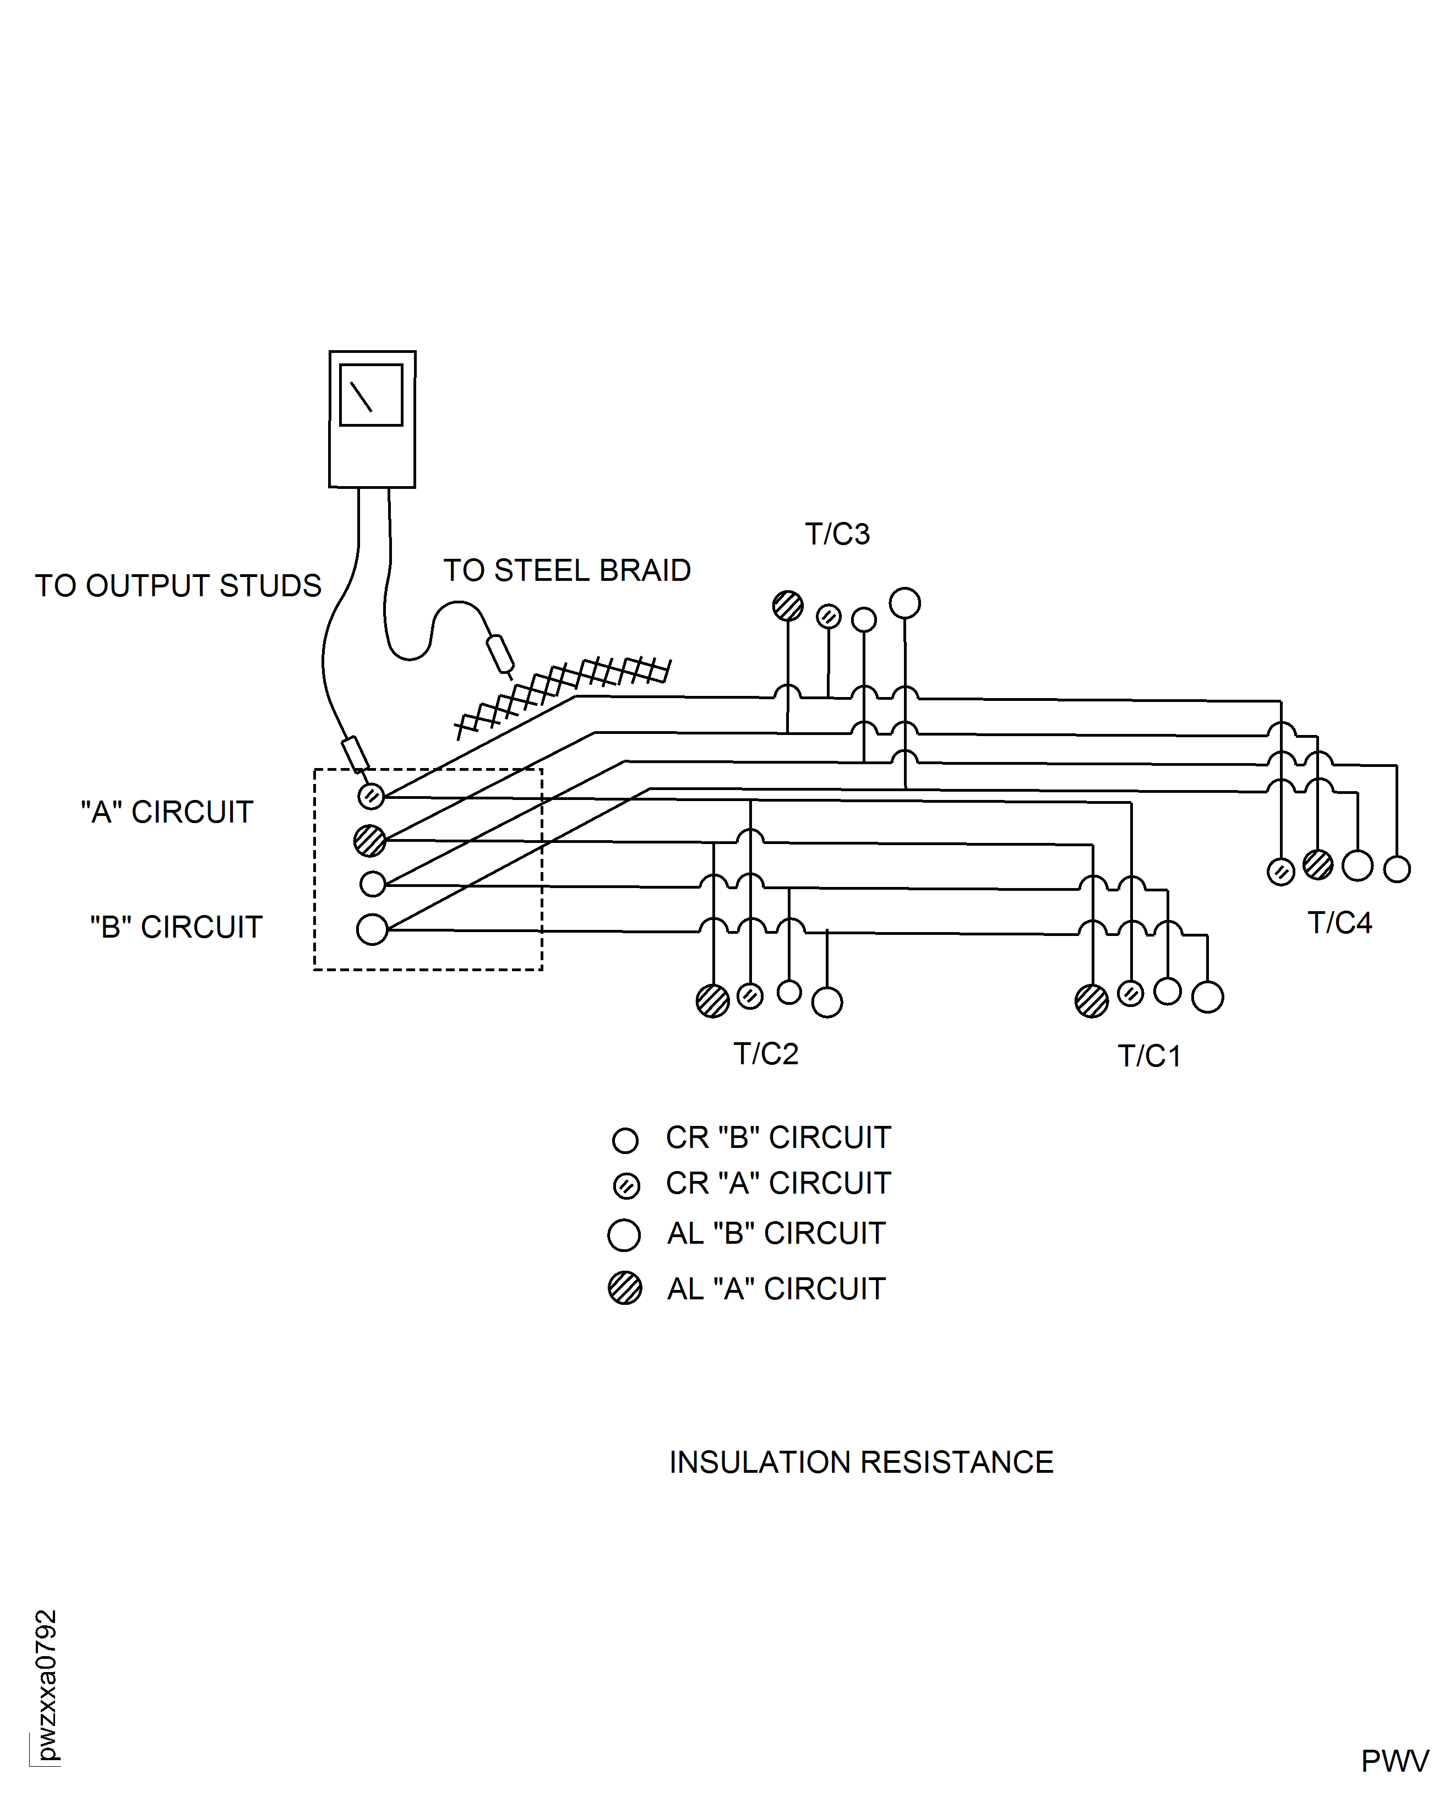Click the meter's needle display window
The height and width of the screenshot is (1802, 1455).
click(x=371, y=395)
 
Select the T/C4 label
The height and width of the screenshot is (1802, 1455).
click(x=1339, y=923)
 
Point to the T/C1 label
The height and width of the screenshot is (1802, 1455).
click(x=1149, y=1056)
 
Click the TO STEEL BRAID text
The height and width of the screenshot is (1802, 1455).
click(x=566, y=571)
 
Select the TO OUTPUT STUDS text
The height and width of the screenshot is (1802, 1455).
click(x=178, y=586)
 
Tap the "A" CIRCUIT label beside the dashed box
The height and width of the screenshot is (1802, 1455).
click(x=167, y=812)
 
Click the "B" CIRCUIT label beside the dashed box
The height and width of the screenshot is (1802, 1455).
click(x=176, y=927)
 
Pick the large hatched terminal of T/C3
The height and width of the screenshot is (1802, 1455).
click(x=787, y=605)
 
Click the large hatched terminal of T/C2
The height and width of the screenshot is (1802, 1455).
click(x=712, y=1001)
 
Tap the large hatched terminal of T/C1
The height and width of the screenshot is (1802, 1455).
click(x=1091, y=1001)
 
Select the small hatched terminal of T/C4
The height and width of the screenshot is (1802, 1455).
click(x=1280, y=872)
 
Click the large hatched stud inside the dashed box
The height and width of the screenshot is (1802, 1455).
click(x=369, y=840)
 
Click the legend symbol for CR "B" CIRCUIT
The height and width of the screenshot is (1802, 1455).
click(x=625, y=1140)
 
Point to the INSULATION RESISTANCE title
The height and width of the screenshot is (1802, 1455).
click(x=861, y=1462)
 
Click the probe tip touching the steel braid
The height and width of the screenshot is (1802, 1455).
click(x=501, y=655)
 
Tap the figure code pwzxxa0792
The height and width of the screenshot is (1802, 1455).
click(x=47, y=1685)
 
